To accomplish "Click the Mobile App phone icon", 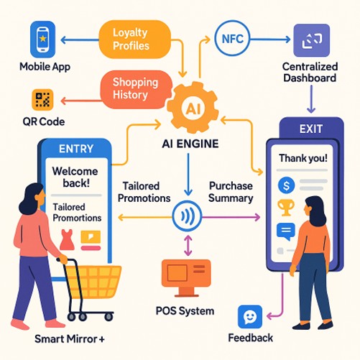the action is coord(42,40).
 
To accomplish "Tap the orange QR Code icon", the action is coord(42,100).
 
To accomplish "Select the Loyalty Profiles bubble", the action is coord(135,40).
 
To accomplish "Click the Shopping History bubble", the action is coord(136,89).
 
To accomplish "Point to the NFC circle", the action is coord(232,38).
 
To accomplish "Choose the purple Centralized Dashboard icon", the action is coord(312,40).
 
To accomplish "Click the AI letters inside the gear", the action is coord(193,109).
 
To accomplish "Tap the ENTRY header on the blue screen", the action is coord(76,149).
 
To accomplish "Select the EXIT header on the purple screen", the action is coord(311,129).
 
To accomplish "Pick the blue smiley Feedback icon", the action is coord(250,317).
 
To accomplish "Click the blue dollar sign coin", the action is coord(286,185).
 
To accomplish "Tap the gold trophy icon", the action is coord(286,208).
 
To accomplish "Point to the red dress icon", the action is coord(67,240).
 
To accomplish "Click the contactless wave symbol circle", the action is coord(187,216).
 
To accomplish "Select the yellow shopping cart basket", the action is coord(93,282).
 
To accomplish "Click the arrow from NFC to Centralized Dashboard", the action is coord(270,39).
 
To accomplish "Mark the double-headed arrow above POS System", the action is coord(188,245).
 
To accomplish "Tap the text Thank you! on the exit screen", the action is coord(303,158).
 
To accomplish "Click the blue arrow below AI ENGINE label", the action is coord(188,175).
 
